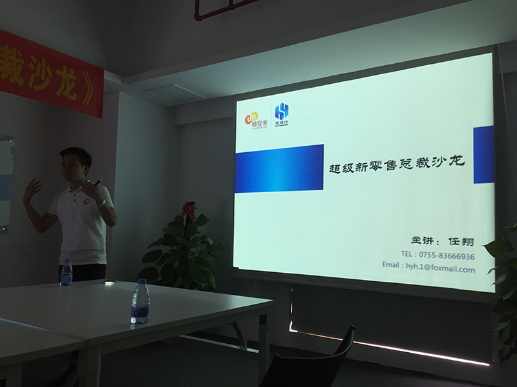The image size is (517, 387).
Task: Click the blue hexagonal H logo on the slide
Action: point(281,111)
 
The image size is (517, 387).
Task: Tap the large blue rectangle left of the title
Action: point(279,168)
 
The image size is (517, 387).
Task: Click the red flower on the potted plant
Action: point(188,210)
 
